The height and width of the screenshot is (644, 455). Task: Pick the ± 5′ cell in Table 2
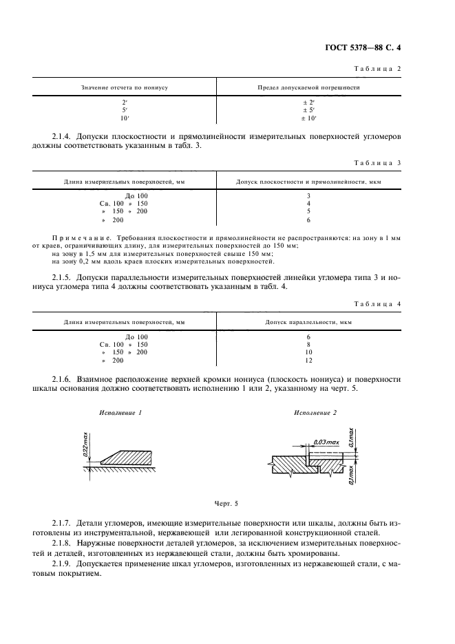(x=308, y=109)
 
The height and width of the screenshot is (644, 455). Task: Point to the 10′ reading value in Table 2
(x=125, y=118)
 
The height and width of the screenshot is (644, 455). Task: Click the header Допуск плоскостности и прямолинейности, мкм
(x=308, y=182)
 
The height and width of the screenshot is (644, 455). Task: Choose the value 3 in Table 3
(x=308, y=196)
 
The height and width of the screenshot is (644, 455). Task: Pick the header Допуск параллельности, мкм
(x=308, y=321)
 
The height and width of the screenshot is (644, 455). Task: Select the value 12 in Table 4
(x=308, y=360)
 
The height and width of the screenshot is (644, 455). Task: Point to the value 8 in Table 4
(x=308, y=343)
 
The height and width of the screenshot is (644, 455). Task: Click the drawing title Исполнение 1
(x=120, y=413)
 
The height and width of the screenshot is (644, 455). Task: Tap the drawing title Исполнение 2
(x=316, y=413)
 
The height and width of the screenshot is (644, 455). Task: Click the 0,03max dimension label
(x=325, y=440)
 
